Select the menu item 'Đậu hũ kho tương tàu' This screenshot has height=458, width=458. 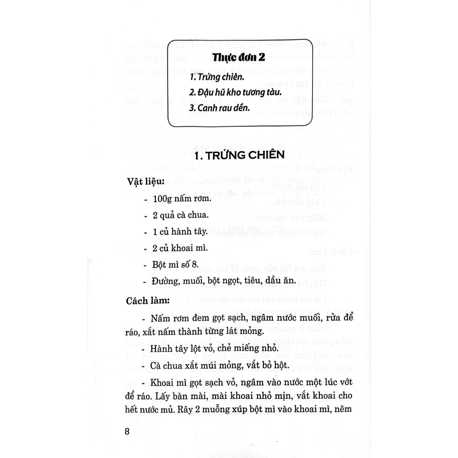[x=235, y=93]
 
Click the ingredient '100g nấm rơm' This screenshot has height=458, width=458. [x=182, y=199]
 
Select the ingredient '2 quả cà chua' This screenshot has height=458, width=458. [x=181, y=215]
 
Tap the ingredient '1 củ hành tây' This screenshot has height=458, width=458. [x=180, y=232]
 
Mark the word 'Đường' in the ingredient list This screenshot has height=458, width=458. [x=164, y=281]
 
